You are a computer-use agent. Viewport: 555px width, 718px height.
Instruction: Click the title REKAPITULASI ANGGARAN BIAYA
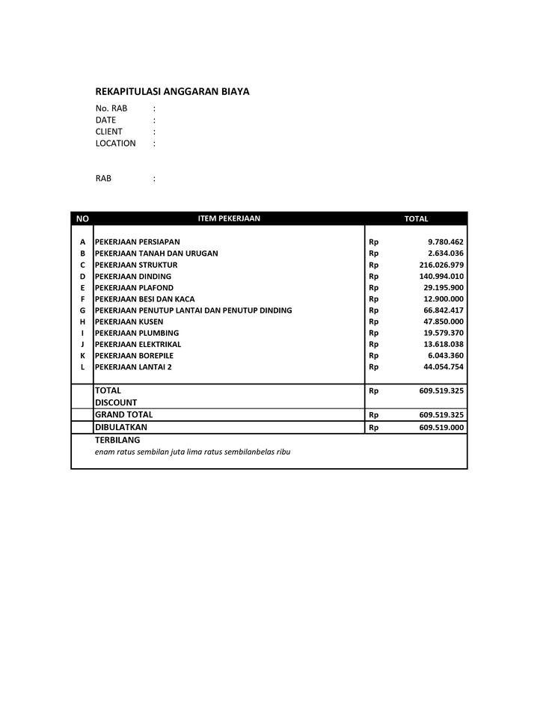pyautogui.click(x=172, y=92)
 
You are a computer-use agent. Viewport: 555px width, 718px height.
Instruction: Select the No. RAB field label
pyautogui.click(x=111, y=108)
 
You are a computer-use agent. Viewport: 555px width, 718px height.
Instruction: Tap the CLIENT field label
pyautogui.click(x=109, y=132)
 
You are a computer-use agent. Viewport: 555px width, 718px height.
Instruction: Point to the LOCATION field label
pyautogui.click(x=116, y=144)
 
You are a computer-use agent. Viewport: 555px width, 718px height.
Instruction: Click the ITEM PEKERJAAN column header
pyautogui.click(x=229, y=218)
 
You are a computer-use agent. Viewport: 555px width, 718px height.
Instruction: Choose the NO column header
pyautogui.click(x=82, y=218)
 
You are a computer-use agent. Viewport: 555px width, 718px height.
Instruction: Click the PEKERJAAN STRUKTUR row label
pyautogui.click(x=136, y=265)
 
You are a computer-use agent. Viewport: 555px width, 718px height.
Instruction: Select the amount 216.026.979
pyautogui.click(x=441, y=265)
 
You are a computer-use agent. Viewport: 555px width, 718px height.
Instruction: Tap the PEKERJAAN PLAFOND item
pyautogui.click(x=134, y=288)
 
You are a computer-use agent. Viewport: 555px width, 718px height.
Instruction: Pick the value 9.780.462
pyautogui.click(x=446, y=242)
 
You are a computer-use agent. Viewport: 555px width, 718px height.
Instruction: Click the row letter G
pyautogui.click(x=82, y=310)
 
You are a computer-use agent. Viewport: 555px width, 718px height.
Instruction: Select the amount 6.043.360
pyautogui.click(x=446, y=356)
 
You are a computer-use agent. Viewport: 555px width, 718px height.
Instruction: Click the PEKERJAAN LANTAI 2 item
pyautogui.click(x=133, y=367)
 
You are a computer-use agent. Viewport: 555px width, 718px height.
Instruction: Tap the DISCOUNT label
pyautogui.click(x=116, y=402)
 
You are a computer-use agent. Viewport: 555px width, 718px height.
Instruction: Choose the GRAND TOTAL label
pyautogui.click(x=123, y=414)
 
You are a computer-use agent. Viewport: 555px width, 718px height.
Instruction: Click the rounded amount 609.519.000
pyautogui.click(x=441, y=428)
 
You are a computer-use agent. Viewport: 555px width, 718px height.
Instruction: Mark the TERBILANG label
pyautogui.click(x=117, y=441)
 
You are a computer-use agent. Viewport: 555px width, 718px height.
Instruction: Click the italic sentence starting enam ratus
pyautogui.click(x=192, y=452)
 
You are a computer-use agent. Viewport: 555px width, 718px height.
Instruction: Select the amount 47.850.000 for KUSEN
pyautogui.click(x=444, y=322)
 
